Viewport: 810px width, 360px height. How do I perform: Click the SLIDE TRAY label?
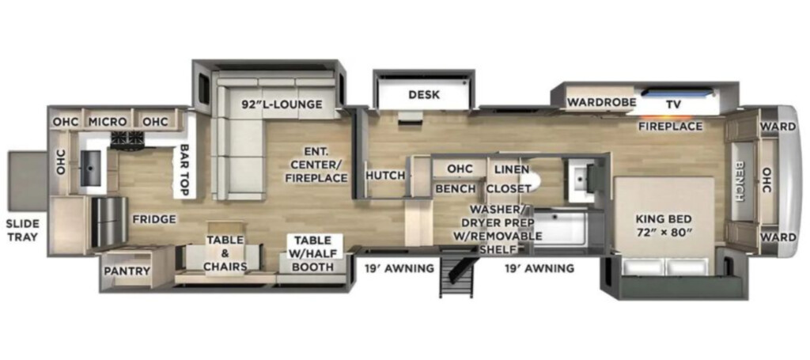pyautogui.click(x=22, y=231)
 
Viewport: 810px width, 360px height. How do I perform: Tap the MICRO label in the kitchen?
pyautogui.click(x=108, y=122)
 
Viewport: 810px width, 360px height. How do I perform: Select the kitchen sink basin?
pyautogui.click(x=91, y=168)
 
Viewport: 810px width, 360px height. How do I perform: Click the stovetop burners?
pyautogui.click(x=127, y=138)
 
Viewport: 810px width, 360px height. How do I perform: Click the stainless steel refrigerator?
pyautogui.click(x=109, y=221)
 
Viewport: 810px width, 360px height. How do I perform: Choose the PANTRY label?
pyautogui.click(x=127, y=271)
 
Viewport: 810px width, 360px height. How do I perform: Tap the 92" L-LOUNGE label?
pyautogui.click(x=282, y=104)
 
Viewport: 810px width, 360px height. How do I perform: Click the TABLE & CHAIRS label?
pyautogui.click(x=226, y=253)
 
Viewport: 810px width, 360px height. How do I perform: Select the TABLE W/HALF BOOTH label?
pyautogui.click(x=313, y=253)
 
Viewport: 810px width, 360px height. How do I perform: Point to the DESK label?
pyautogui.click(x=424, y=94)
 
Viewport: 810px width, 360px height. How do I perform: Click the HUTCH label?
pyautogui.click(x=385, y=176)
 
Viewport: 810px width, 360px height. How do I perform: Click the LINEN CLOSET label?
pyautogui.click(x=511, y=179)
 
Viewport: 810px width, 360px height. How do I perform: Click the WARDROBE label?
pyautogui.click(x=601, y=102)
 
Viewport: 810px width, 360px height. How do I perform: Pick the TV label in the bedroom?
pyautogui.click(x=673, y=104)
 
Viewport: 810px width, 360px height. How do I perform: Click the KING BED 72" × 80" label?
pyautogui.click(x=664, y=225)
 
